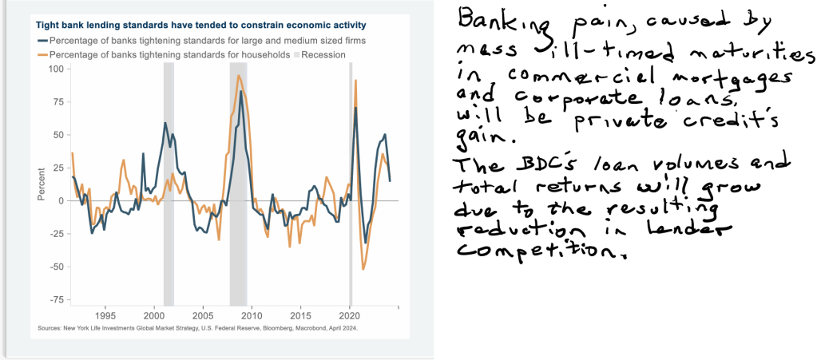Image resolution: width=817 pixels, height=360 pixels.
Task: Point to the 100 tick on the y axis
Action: (56, 69)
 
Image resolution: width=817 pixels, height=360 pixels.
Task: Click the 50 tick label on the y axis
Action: (58, 135)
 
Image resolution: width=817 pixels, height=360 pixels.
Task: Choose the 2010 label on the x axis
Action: (252, 317)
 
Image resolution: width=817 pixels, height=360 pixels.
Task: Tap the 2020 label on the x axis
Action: (350, 317)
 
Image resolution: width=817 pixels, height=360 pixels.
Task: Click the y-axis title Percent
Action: (42, 184)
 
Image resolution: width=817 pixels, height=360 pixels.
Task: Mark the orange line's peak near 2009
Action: (239, 76)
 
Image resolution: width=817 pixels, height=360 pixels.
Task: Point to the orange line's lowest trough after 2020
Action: (363, 269)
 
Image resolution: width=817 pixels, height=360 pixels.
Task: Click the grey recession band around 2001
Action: (169, 184)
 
